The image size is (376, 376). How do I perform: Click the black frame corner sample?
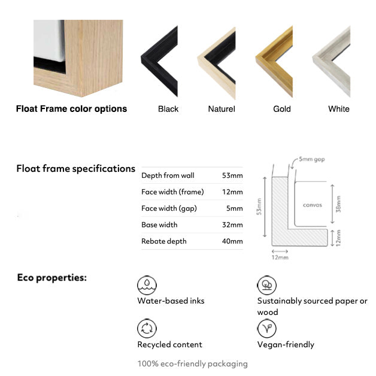159,61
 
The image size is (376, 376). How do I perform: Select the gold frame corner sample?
274,62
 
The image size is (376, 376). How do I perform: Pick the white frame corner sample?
331,62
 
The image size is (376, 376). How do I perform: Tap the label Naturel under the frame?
222,109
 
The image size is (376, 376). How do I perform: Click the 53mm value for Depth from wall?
232,175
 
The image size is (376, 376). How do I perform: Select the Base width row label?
159,225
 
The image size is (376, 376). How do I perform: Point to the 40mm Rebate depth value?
232,241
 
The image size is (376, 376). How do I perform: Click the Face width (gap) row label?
169,208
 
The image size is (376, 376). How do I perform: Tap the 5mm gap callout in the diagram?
312,159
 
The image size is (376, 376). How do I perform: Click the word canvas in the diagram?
312,205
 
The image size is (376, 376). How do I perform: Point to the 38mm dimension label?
338,204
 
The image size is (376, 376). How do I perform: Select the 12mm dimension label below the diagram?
280,257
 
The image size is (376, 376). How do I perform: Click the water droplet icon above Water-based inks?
147,286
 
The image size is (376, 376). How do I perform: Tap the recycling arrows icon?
147,329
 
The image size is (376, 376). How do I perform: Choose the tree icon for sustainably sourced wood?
266,286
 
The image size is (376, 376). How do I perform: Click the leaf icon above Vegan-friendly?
266,329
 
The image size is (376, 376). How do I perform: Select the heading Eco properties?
52,278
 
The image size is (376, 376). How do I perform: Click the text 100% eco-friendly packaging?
193,364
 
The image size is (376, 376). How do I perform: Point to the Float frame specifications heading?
76,169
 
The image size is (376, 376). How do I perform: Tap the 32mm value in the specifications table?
232,225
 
